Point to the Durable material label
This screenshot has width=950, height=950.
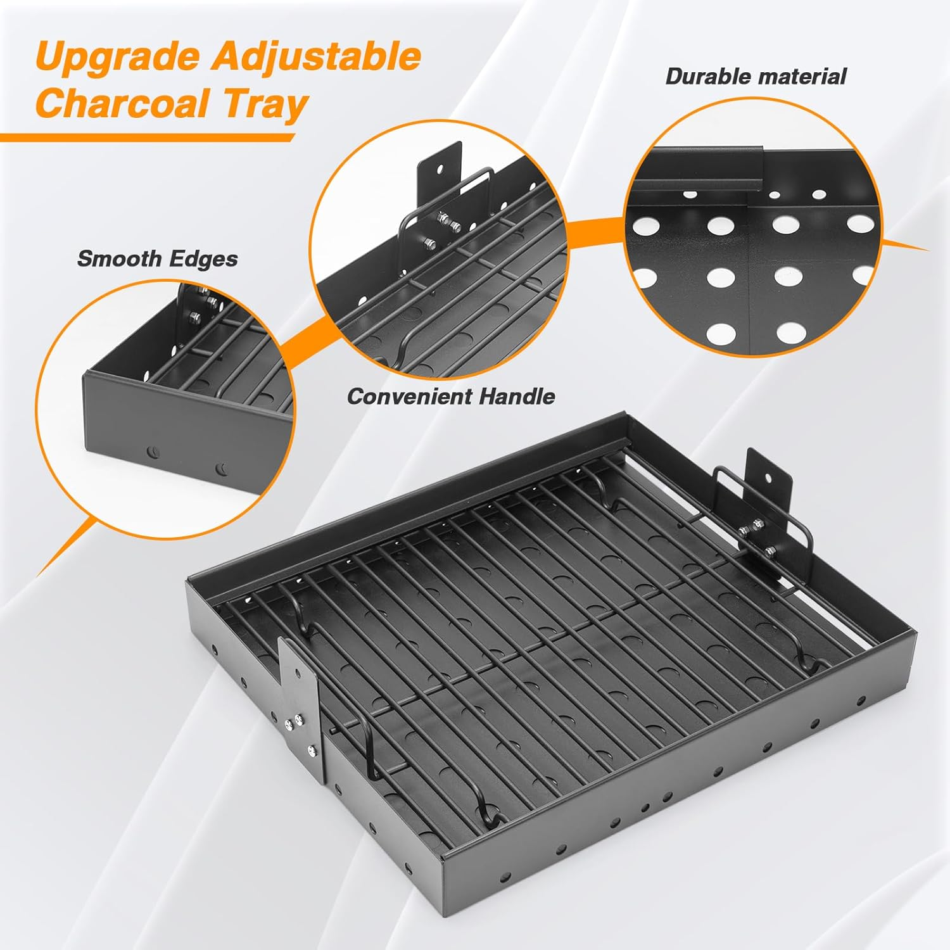tap(756, 77)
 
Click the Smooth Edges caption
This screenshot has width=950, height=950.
tap(157, 258)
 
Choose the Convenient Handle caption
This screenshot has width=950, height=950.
tap(450, 396)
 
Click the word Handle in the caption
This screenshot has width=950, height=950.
tap(517, 396)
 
